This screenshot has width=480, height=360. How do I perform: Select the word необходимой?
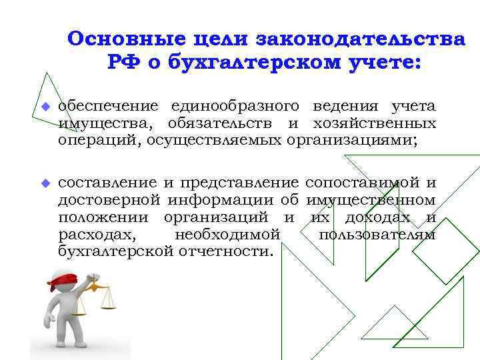(227, 235)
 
